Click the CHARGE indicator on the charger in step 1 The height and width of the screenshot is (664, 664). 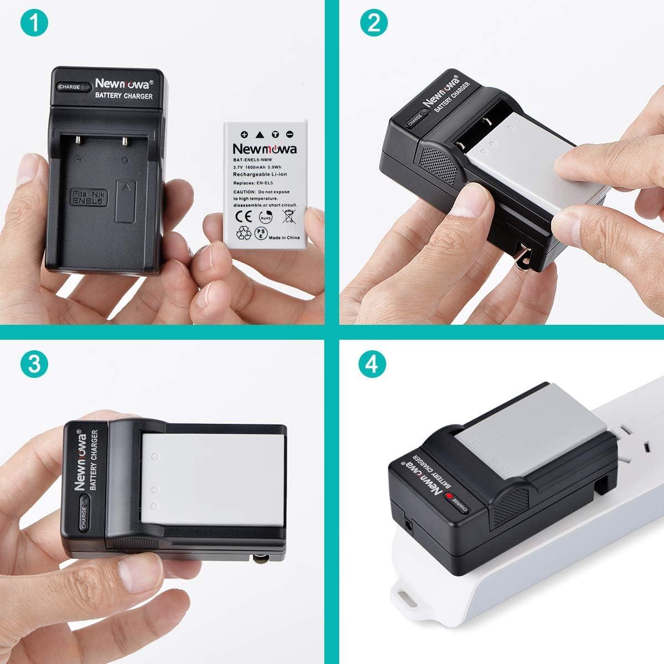click(x=74, y=87)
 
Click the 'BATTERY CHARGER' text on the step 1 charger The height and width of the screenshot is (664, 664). click(x=123, y=96)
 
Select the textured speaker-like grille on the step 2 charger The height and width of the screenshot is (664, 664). click(x=437, y=167)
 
